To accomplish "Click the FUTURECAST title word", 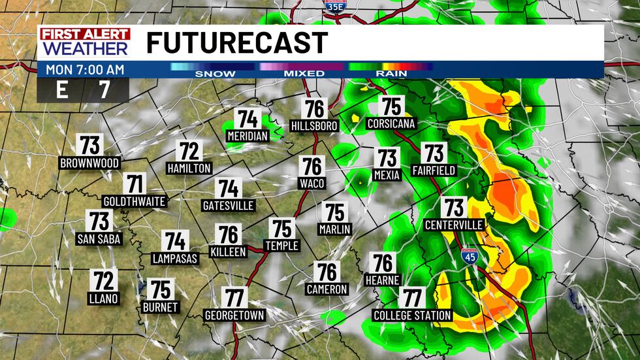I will (x=236, y=43).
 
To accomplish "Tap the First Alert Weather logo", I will (x=85, y=42).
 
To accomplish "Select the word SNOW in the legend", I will (x=215, y=73).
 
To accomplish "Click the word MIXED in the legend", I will (x=304, y=73).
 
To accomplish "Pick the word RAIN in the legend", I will (x=391, y=73).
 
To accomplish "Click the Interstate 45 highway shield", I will (x=470, y=256).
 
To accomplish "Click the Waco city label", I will (x=312, y=183).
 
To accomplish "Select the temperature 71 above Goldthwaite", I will (x=135, y=184).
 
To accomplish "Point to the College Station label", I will (x=412, y=316).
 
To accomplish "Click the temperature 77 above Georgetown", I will (x=234, y=298).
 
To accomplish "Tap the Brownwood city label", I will (x=89, y=162).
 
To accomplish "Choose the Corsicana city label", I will (x=391, y=123).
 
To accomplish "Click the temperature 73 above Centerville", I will (x=453, y=208).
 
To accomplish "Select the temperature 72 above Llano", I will (x=104, y=281).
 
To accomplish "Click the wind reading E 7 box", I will (x=83, y=90).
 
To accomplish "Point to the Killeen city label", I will (x=229, y=252).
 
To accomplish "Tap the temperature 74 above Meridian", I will (x=248, y=119).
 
